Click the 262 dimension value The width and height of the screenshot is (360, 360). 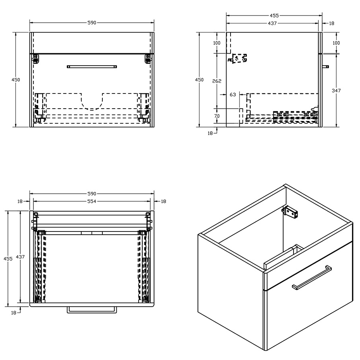(217, 81)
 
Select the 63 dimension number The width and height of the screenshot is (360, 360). (233, 95)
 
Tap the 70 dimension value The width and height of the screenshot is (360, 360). (217, 116)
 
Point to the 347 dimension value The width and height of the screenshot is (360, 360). (337, 91)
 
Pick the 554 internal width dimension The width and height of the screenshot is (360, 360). (92, 201)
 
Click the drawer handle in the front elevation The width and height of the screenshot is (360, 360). (92, 67)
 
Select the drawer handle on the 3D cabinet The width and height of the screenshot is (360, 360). (312, 277)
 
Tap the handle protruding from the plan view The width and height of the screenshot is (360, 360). (92, 309)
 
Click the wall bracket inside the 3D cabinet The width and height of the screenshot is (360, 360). (292, 212)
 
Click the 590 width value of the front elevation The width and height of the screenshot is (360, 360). (92, 23)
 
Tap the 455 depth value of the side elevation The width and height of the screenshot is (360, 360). (274, 16)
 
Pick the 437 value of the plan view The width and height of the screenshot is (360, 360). (21, 257)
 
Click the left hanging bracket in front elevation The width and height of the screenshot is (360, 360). (35, 58)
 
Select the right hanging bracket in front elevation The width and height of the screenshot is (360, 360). (148, 58)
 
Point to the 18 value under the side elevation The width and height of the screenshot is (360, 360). (210, 133)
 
